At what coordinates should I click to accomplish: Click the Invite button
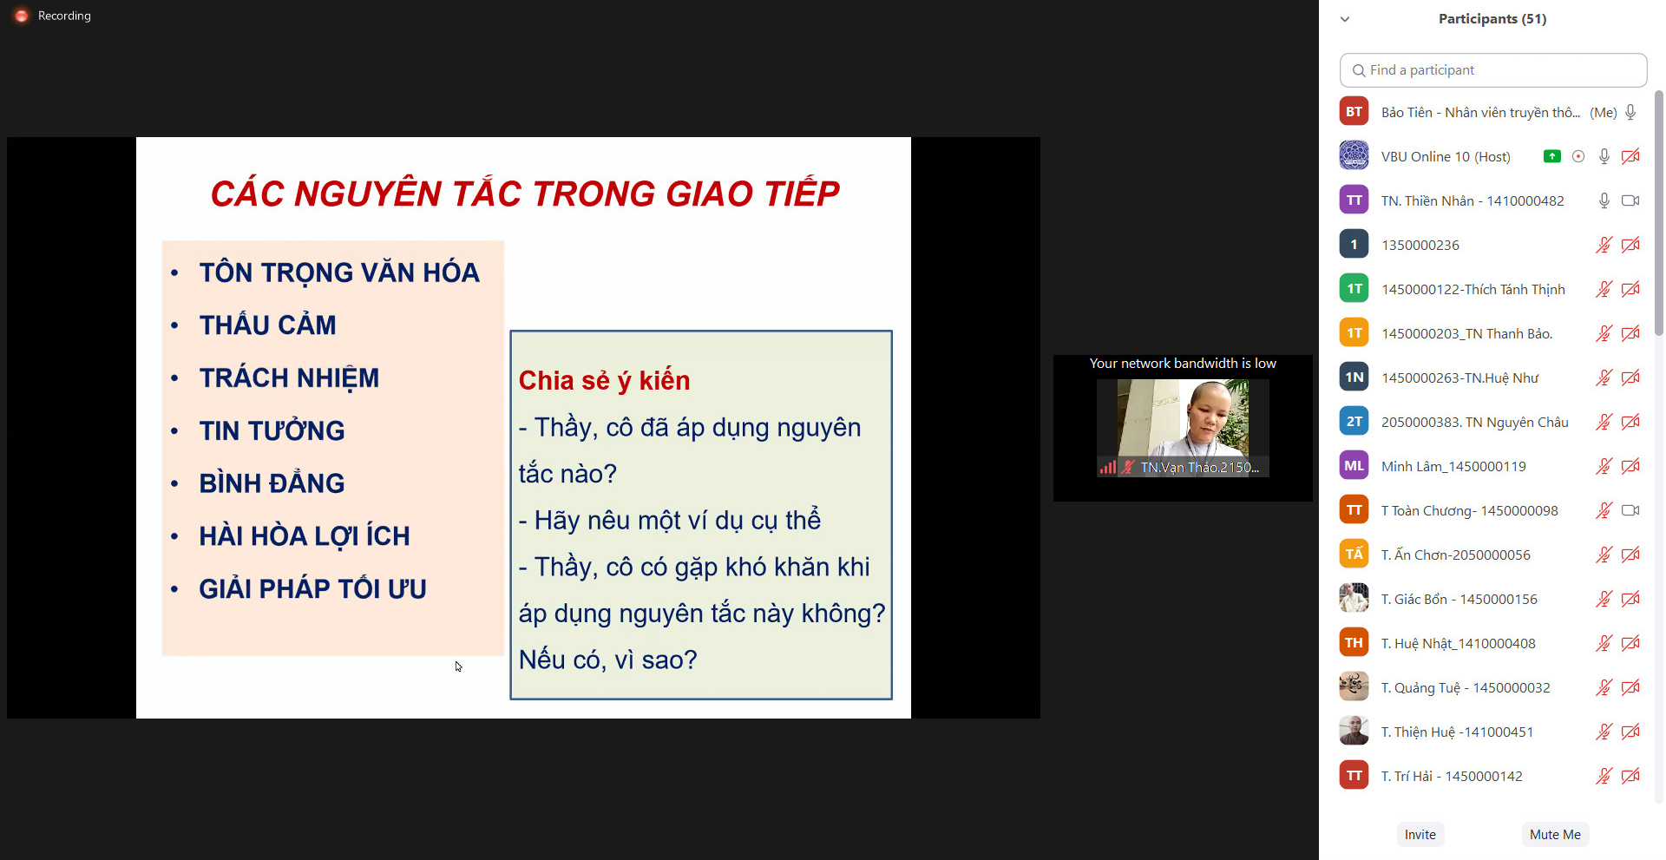coord(1420,835)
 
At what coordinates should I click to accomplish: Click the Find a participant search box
coord(1493,70)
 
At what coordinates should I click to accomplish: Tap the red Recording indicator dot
coord(22,16)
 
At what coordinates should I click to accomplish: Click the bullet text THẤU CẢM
coord(267,325)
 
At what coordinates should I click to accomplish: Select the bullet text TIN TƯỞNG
coord(272,430)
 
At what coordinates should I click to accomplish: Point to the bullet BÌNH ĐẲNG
coord(272,483)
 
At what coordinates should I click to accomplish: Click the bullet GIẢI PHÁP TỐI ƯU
coord(312,589)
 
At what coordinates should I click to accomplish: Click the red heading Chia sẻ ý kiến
coord(604,381)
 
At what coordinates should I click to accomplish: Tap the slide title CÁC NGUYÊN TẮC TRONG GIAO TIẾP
coord(525,193)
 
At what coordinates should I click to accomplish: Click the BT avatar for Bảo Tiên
coord(1354,112)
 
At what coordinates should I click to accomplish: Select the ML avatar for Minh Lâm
coord(1354,466)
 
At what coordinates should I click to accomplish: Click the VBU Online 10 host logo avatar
coord(1354,156)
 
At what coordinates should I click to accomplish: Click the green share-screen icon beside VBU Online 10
coord(1552,156)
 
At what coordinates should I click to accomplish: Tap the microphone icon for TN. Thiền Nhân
coord(1604,200)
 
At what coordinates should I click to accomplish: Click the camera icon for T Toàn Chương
coord(1630,510)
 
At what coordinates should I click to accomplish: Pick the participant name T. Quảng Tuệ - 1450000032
coord(1466,688)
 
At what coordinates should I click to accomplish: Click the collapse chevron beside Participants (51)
coord(1345,19)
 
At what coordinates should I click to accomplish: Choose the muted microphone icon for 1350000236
coord(1604,245)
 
